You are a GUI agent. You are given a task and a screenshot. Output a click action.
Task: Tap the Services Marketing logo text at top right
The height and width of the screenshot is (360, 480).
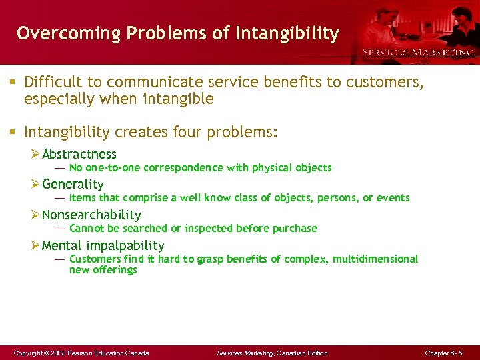[x=418, y=51]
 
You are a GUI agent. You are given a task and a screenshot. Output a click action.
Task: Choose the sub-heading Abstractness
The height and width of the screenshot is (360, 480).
[x=79, y=155]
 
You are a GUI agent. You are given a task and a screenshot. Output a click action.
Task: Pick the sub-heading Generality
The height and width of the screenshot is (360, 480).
[x=73, y=185]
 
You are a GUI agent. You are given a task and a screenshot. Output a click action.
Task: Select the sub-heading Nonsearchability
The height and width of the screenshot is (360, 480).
[x=91, y=215]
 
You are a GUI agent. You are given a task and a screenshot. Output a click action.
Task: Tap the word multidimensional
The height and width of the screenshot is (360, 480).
[x=376, y=259]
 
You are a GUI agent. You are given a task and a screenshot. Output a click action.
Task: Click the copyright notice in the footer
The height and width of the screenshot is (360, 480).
[x=81, y=353]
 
